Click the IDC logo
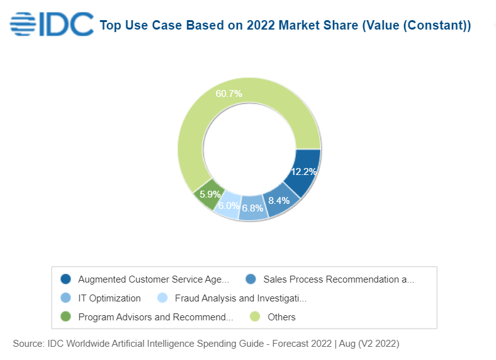point(52,25)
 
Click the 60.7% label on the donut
point(228,94)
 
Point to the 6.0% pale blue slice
point(228,205)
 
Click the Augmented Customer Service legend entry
point(154,279)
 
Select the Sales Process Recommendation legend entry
point(339,279)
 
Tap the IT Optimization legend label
point(110,298)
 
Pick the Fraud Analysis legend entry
point(240,298)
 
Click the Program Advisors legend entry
point(155,317)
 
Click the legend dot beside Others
point(256,317)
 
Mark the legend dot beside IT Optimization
point(65,298)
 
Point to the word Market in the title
point(307,26)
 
